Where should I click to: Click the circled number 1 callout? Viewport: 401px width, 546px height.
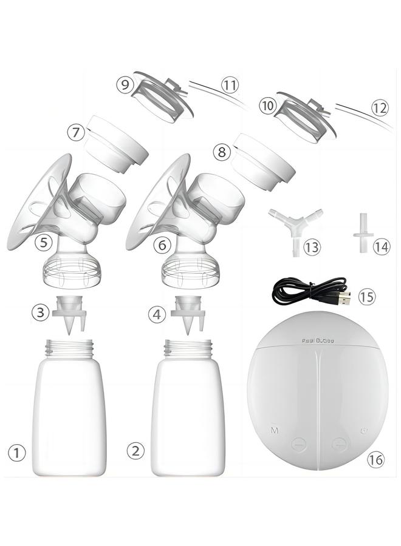(x=17, y=452)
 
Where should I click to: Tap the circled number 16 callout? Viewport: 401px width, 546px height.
(x=376, y=460)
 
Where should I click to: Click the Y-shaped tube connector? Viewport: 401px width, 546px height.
(x=296, y=226)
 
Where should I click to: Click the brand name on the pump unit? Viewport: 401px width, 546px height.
(x=317, y=340)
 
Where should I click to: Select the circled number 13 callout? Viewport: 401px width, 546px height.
(x=312, y=247)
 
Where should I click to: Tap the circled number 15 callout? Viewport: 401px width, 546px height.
(x=367, y=297)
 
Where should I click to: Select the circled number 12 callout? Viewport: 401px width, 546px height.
(x=379, y=109)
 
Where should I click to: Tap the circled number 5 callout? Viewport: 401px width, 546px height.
(x=43, y=242)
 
